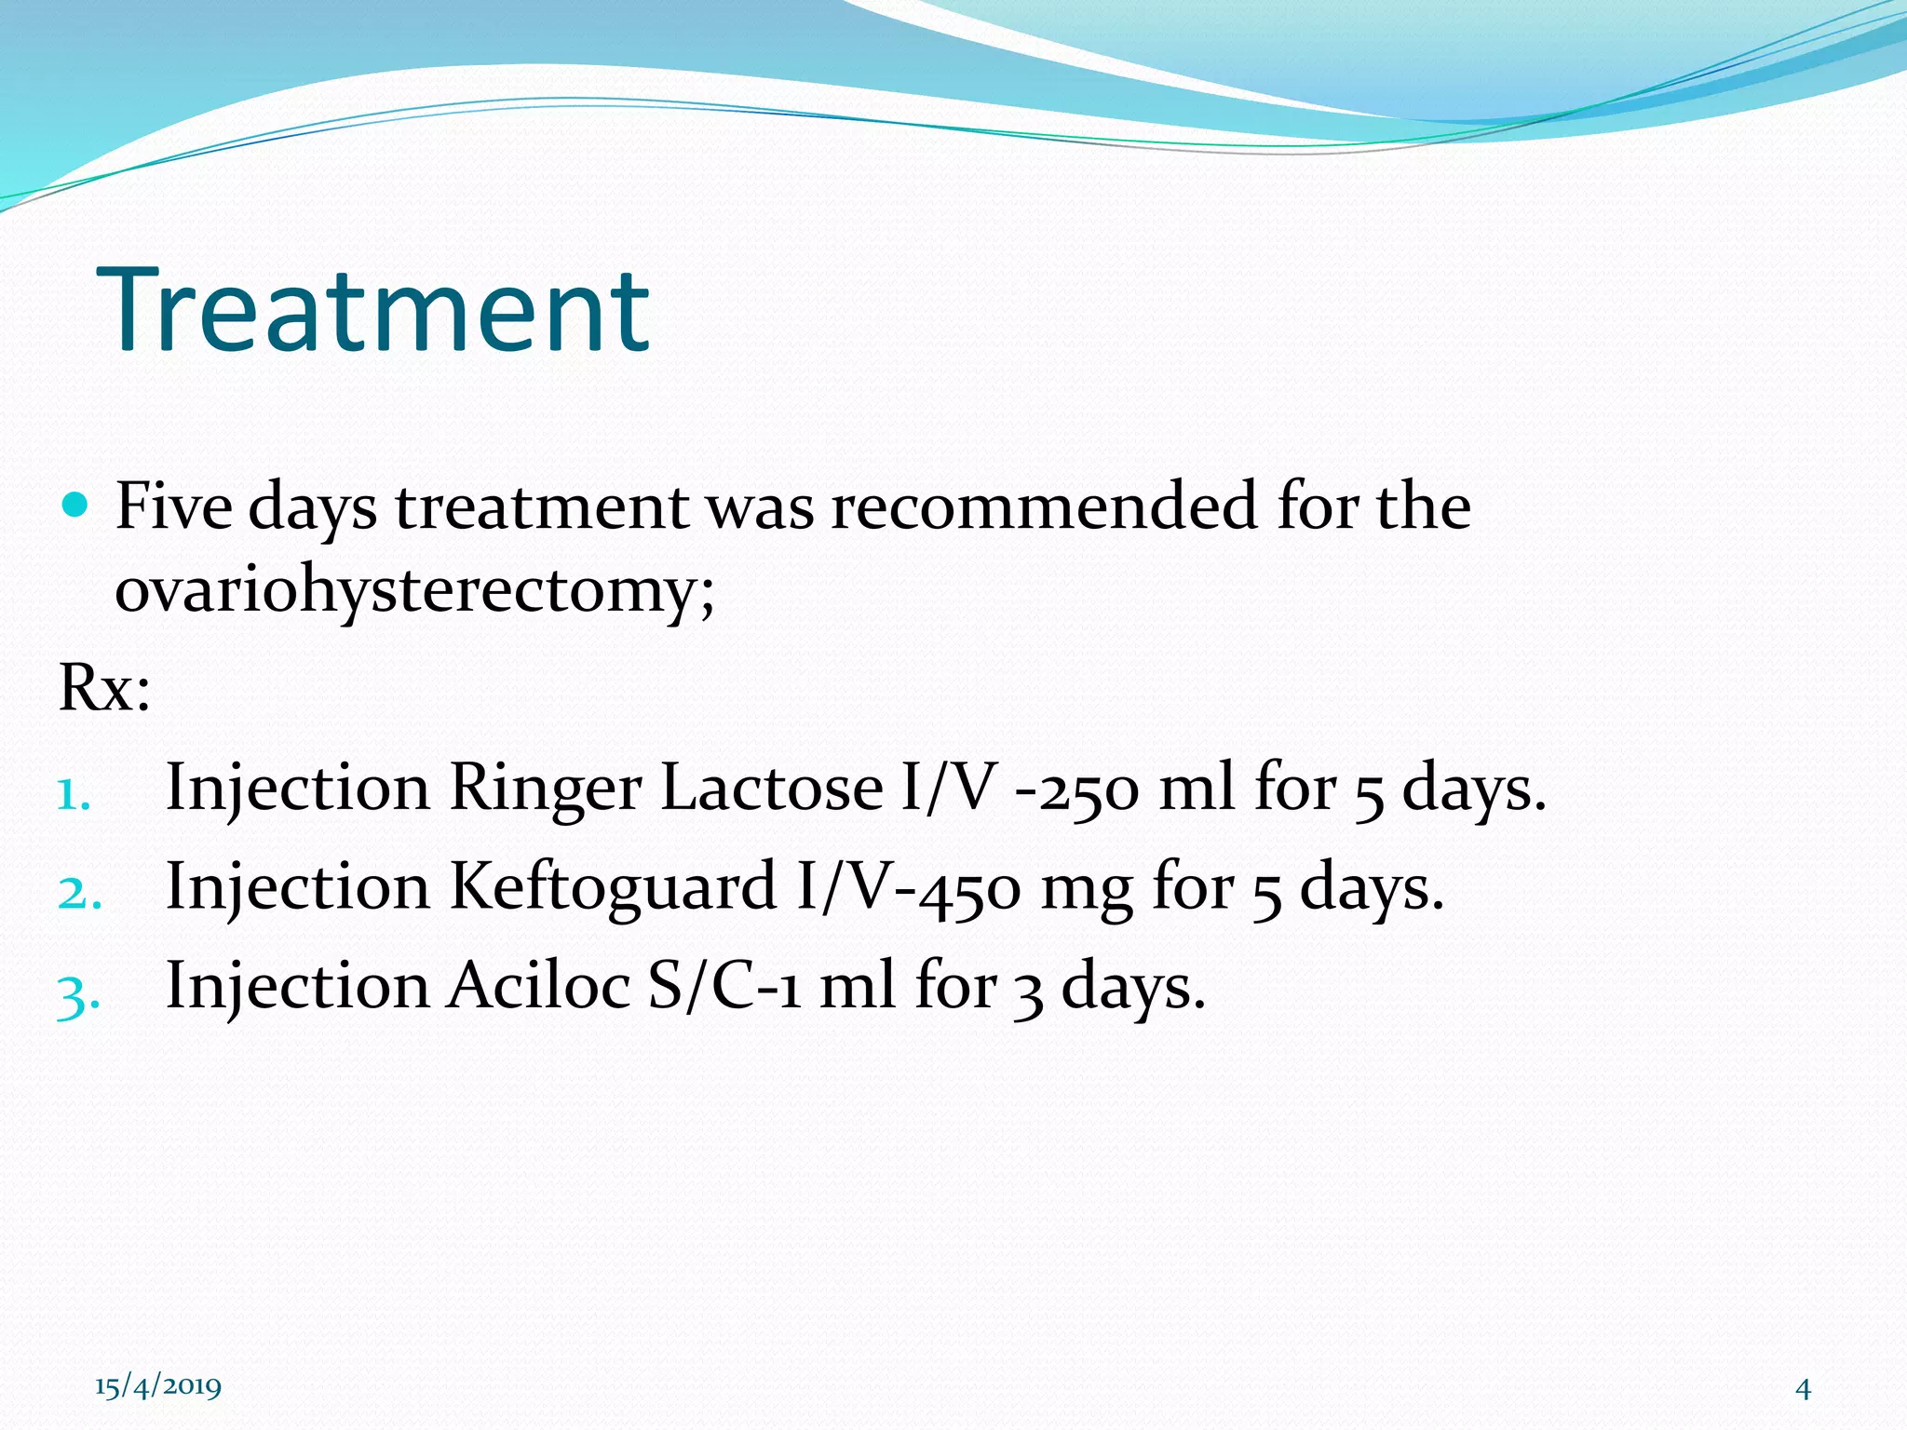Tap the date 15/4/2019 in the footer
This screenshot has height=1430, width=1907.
click(158, 1386)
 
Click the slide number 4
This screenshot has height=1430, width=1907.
click(1803, 1389)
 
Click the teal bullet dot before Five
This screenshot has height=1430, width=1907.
click(74, 506)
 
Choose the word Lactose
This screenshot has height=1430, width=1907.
click(771, 788)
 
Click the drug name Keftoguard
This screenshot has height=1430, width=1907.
click(613, 887)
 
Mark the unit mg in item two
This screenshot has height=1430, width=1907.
click(1086, 889)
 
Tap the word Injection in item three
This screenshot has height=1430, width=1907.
click(297, 987)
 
